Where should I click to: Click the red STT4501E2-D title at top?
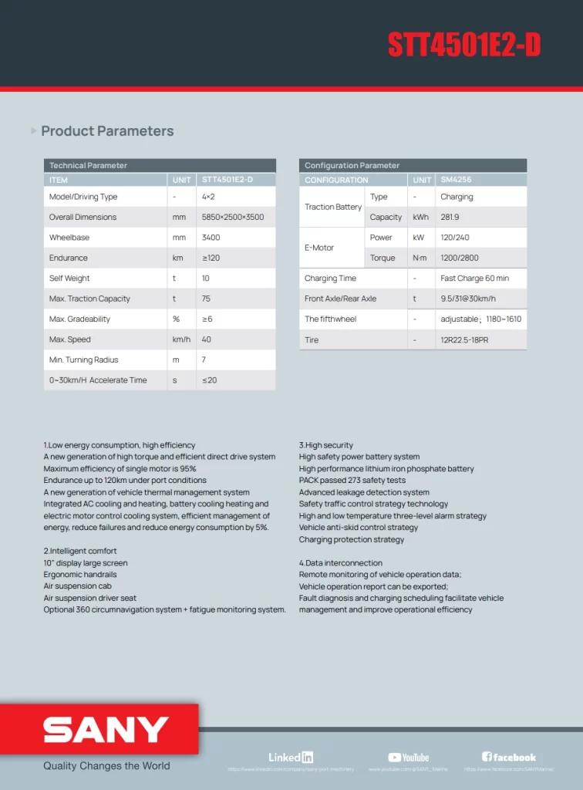click(x=463, y=46)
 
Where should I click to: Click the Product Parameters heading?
click(x=107, y=131)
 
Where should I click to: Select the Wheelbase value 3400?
click(x=211, y=238)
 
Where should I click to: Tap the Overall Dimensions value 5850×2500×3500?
click(x=233, y=218)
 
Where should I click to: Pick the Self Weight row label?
click(x=69, y=279)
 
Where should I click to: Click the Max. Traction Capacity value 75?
click(x=206, y=299)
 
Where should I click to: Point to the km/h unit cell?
click(x=181, y=339)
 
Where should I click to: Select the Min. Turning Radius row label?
click(x=84, y=360)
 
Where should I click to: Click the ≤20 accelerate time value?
click(x=209, y=380)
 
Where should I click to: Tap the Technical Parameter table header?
click(x=89, y=166)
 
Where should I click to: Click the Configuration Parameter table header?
click(x=352, y=166)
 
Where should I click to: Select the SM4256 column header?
click(x=456, y=180)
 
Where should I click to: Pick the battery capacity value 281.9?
click(x=450, y=218)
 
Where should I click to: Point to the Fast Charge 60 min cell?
click(x=474, y=279)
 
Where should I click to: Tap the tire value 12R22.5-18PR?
click(x=464, y=340)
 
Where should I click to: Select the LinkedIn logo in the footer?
click(x=291, y=758)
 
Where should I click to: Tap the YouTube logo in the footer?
click(x=409, y=758)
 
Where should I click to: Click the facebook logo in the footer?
click(x=509, y=758)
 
